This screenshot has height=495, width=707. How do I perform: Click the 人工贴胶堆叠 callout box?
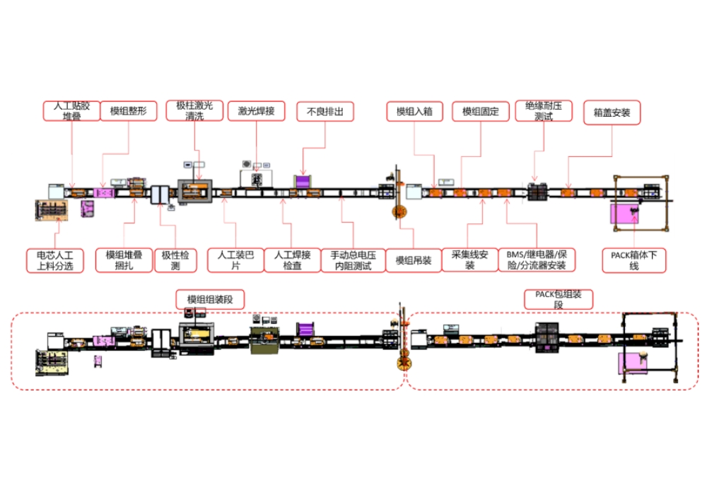coord(72,112)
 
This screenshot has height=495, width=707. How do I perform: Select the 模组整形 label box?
coord(128,111)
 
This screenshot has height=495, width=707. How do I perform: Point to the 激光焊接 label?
coord(256,111)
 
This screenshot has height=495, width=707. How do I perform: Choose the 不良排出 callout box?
coord(325,111)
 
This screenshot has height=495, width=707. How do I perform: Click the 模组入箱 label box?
coord(414,111)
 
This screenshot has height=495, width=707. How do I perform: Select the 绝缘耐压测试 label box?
coord(543,111)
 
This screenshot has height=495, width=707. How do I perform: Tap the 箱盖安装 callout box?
coord(612,111)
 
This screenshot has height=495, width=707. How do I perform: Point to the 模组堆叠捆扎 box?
coord(124,260)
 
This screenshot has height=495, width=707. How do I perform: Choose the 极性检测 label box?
coord(175,260)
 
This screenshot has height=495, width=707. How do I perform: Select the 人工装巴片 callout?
coord(235,260)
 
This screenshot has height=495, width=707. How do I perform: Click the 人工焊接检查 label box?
coord(292,260)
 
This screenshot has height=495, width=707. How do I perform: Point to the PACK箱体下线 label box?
coord(634,260)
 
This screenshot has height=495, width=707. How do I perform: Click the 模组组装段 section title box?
coord(210,300)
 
